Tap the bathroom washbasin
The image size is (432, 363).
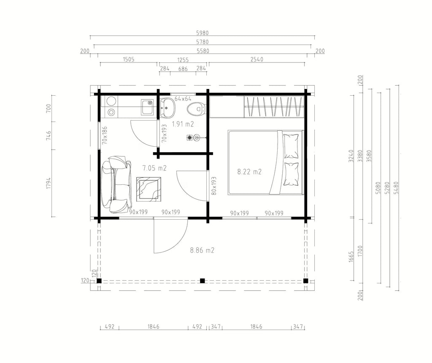[x=167, y=108]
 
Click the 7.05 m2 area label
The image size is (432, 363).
[x=154, y=168]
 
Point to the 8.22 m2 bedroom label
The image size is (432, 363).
[x=249, y=172]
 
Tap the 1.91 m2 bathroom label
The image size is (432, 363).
[x=183, y=124]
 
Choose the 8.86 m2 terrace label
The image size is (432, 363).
[x=202, y=250]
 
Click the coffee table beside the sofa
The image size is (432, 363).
[x=149, y=189]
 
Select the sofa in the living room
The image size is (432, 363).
[x=116, y=185]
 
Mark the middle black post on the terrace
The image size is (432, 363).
[x=202, y=281]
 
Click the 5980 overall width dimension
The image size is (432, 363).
[x=202, y=33]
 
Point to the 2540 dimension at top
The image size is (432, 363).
[x=257, y=59]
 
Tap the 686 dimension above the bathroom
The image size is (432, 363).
[x=183, y=69]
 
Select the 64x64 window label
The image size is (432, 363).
[x=183, y=99]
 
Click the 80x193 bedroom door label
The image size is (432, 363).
[x=214, y=186]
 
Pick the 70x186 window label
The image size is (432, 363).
[x=105, y=135]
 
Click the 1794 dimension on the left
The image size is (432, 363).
[x=49, y=183]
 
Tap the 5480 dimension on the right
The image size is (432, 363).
[x=396, y=188]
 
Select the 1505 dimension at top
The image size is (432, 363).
[x=128, y=59]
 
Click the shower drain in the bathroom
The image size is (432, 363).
[x=189, y=137]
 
